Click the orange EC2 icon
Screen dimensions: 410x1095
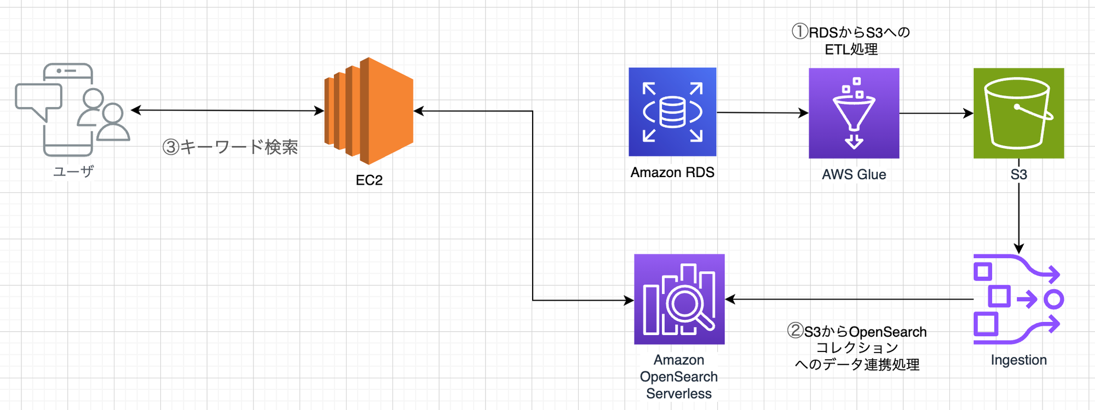[369, 111]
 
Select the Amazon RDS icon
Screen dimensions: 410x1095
[672, 112]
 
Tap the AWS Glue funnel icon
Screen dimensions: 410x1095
[854, 113]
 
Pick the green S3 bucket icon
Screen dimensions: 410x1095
[1018, 113]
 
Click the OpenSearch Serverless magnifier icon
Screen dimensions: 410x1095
[679, 299]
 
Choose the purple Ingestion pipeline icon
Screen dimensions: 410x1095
[1017, 299]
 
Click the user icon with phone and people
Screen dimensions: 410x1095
[73, 109]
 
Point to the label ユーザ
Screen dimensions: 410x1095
[73, 172]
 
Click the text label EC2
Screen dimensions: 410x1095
[369, 180]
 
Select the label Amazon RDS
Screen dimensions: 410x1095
[672, 173]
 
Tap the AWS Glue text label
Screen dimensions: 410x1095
[854, 174]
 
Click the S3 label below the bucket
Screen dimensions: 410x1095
[1018, 174]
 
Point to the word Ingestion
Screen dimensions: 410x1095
[1018, 360]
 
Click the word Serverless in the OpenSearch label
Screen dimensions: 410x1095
[679, 394]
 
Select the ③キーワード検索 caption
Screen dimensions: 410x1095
[230, 147]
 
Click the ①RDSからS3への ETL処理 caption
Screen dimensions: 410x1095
[851, 40]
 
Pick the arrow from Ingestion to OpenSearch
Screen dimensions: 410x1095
[849, 300]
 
